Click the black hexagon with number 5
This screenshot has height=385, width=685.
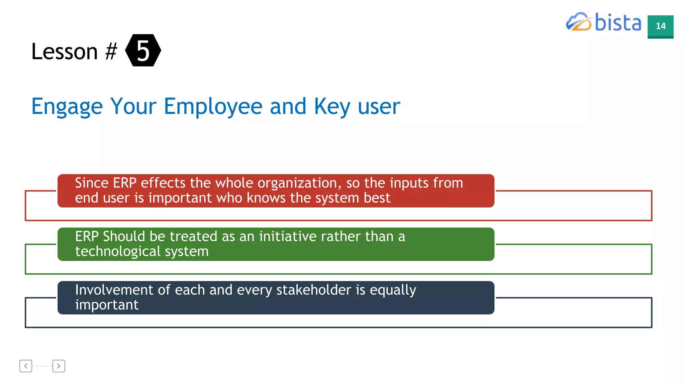click(143, 50)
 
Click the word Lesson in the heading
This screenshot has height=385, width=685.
click(65, 51)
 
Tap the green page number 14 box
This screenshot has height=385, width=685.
click(660, 26)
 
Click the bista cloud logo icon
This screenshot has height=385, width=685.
click(578, 22)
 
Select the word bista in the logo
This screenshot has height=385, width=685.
click(618, 23)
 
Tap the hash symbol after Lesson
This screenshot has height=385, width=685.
click(111, 51)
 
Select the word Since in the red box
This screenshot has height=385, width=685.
click(92, 183)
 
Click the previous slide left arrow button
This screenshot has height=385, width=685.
click(26, 366)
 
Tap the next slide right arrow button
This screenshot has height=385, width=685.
click(59, 366)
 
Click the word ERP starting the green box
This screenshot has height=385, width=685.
click(87, 237)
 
